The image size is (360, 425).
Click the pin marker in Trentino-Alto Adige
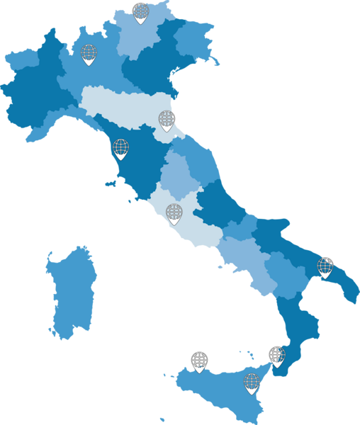click(141, 13)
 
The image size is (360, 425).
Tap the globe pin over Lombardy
click(89, 55)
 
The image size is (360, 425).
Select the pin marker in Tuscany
click(121, 149)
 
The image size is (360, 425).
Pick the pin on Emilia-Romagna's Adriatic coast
click(167, 120)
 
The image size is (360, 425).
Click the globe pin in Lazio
click(174, 212)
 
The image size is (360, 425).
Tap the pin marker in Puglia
click(325, 267)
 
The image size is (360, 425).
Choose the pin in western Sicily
click(200, 361)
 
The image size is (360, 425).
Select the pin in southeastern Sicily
click(252, 383)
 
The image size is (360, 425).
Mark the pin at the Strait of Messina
click(276, 356)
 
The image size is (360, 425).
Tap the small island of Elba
click(109, 184)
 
